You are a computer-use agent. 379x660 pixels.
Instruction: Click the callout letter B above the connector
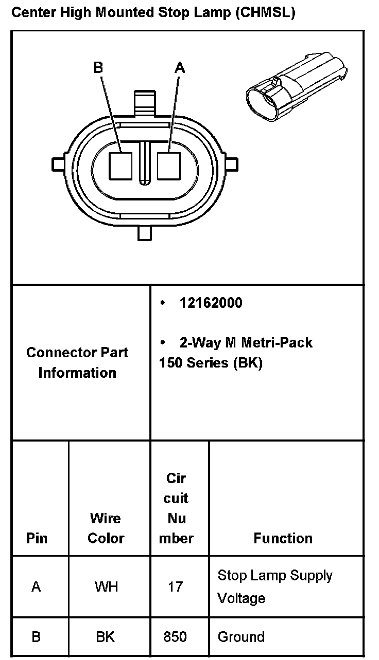tap(98, 67)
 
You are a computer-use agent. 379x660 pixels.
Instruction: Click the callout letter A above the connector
tap(180, 67)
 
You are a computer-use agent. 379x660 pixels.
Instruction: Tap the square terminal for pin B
tap(120, 166)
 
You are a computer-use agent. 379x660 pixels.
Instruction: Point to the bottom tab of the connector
tap(145, 232)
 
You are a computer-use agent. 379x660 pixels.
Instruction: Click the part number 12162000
tap(211, 303)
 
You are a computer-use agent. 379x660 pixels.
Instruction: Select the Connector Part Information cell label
tap(77, 362)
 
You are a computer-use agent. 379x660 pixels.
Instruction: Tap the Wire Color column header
tap(106, 528)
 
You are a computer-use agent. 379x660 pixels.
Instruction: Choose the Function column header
tap(283, 538)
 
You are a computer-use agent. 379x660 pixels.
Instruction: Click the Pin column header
tap(37, 538)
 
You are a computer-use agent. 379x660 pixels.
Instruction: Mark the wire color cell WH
tap(106, 586)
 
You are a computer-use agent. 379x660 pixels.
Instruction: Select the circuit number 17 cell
tap(175, 586)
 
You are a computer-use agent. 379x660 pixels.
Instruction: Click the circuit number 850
tap(175, 637)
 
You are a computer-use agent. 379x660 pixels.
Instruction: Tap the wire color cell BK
tap(106, 637)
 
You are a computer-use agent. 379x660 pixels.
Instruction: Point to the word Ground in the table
tap(241, 637)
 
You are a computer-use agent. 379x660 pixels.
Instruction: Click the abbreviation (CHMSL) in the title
tap(265, 13)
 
